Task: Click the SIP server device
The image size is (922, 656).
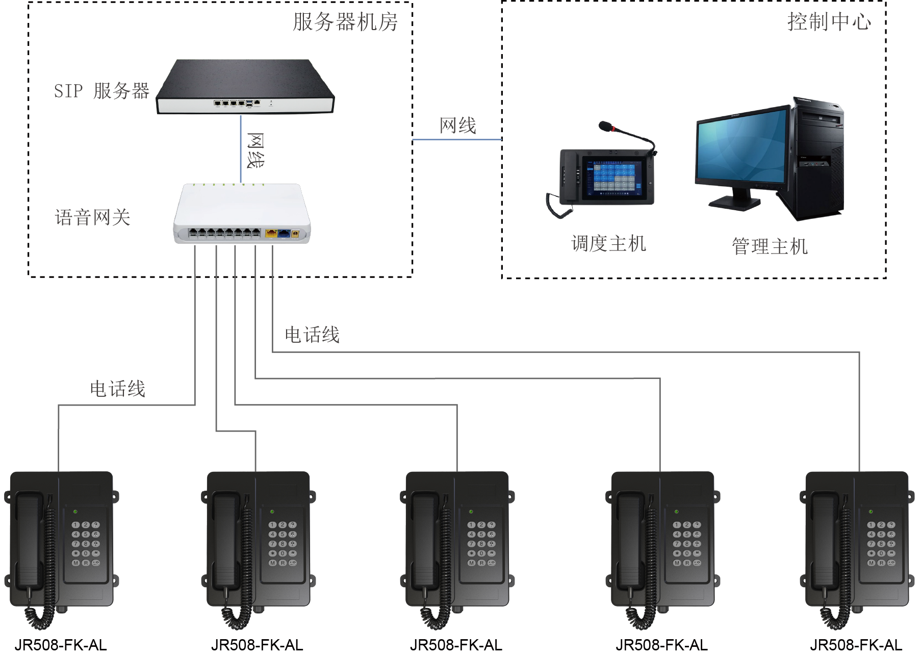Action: tap(245, 87)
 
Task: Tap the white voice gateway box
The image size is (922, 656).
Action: tap(242, 214)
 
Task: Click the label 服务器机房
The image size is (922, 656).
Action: tap(345, 22)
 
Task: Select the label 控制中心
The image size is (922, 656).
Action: tap(829, 22)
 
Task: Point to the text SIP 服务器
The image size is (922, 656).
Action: tap(101, 91)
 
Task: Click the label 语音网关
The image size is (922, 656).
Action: tap(93, 218)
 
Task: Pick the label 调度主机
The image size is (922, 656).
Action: tap(608, 244)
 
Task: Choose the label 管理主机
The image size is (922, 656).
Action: tap(770, 246)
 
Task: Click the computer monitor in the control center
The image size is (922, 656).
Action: tap(742, 148)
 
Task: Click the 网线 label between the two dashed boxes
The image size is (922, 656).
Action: tap(457, 125)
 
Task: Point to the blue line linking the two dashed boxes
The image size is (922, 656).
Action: tap(457, 139)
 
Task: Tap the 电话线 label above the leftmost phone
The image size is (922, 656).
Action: tap(118, 389)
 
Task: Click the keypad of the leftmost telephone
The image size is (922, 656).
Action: tap(85, 544)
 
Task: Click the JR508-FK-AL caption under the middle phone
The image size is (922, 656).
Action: tap(456, 645)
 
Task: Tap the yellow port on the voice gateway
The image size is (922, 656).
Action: tap(271, 234)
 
